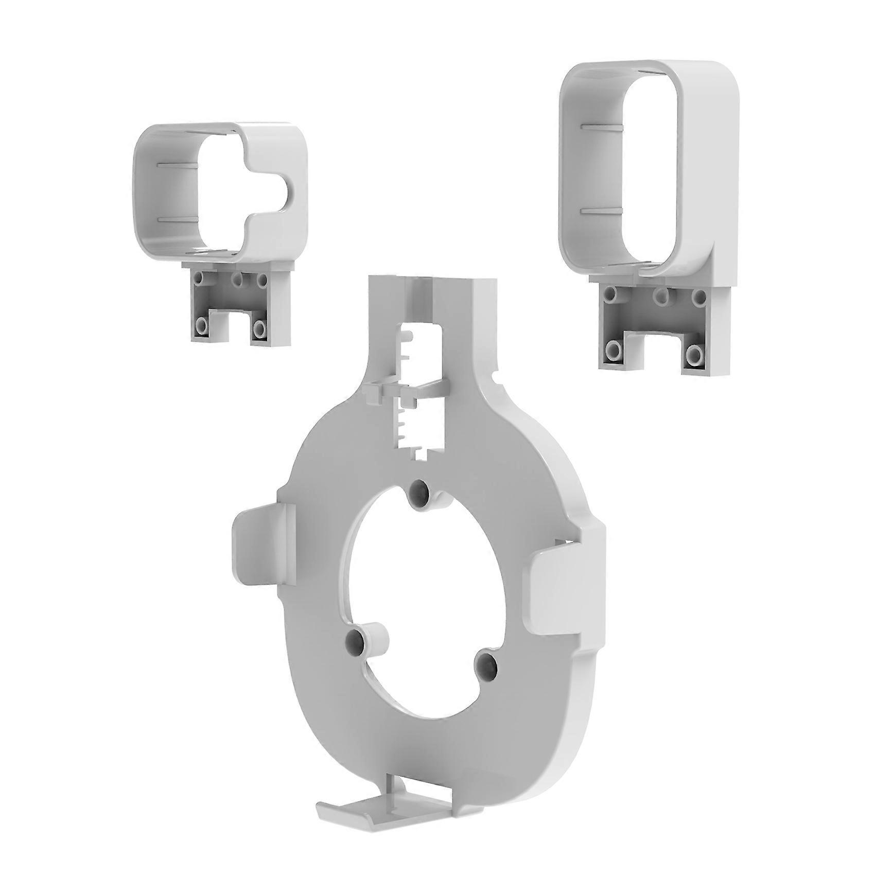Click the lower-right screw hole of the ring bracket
tap(485, 665)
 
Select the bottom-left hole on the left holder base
tap(202, 326)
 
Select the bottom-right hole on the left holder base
tap(258, 327)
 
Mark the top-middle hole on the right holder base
tap(659, 296)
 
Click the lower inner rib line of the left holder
tap(175, 219)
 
